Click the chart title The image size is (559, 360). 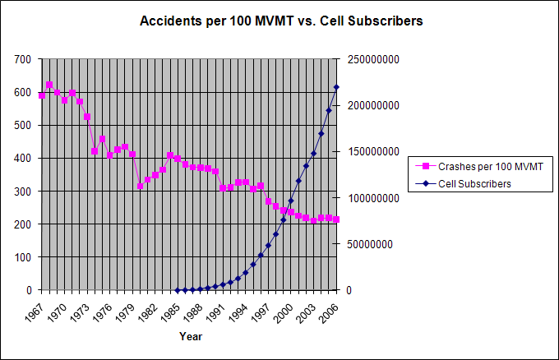[x=282, y=21]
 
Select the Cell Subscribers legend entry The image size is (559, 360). [x=474, y=184]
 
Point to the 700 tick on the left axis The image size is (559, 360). [x=23, y=59]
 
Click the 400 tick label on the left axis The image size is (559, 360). [x=23, y=158]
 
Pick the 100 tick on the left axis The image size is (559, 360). [x=23, y=256]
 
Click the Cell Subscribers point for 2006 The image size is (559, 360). [x=336, y=87]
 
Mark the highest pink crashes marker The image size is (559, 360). [x=49, y=85]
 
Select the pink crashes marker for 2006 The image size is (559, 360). [x=336, y=219]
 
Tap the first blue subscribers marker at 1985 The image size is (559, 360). [x=178, y=289]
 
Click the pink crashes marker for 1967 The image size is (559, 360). [x=42, y=95]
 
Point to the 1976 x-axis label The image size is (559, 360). [x=104, y=311]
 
